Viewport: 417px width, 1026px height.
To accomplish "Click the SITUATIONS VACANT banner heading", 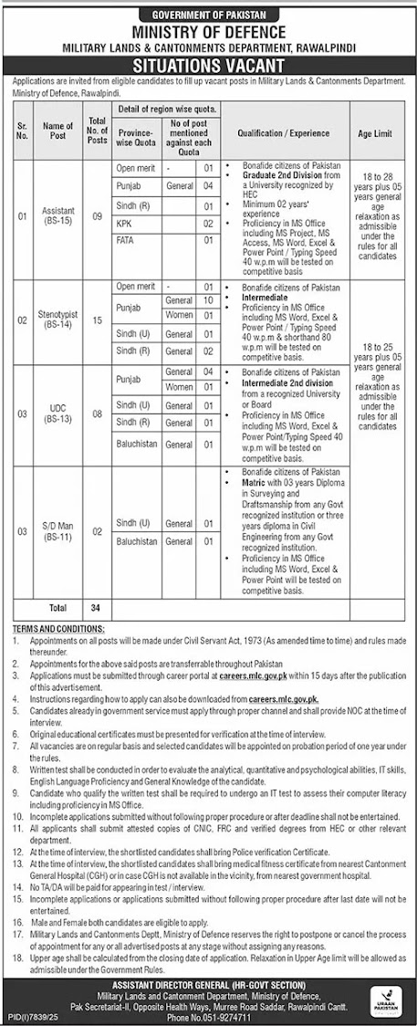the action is click(209, 64).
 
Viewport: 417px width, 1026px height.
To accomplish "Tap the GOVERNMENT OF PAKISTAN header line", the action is click(209, 12).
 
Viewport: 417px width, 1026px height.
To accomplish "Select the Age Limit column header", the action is click(374, 133).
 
